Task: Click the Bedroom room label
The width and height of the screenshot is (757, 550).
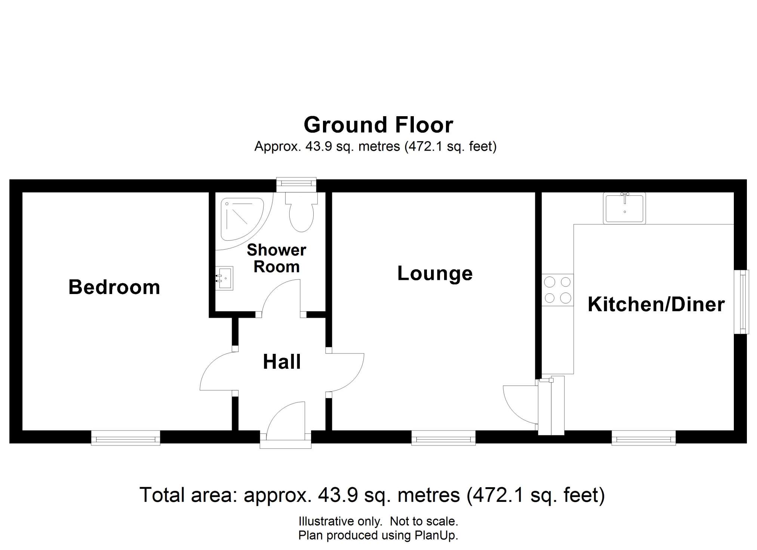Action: coord(114,287)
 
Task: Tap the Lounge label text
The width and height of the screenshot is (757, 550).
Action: coord(435,274)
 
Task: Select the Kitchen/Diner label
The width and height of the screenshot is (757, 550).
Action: coord(656,304)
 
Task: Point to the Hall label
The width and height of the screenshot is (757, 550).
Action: coord(282,362)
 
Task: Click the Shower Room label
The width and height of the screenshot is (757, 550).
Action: coord(277,258)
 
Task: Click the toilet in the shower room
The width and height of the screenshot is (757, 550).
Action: coord(301,213)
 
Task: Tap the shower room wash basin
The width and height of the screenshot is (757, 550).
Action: coord(224,278)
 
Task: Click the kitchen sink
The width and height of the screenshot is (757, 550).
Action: coord(624,208)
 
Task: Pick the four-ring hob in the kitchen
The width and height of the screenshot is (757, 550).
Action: coord(557,290)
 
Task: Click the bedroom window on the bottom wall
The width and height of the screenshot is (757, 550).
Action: coord(126,438)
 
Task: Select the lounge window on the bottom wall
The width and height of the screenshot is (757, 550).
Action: coord(443,438)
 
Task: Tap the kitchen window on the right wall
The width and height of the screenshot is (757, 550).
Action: coord(741,302)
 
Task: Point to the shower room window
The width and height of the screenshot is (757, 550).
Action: coord(296,185)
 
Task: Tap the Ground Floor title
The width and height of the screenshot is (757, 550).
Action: coord(378,125)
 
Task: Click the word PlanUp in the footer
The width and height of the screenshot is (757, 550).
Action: coord(435,535)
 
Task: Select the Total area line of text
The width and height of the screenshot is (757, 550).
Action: coord(372,495)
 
